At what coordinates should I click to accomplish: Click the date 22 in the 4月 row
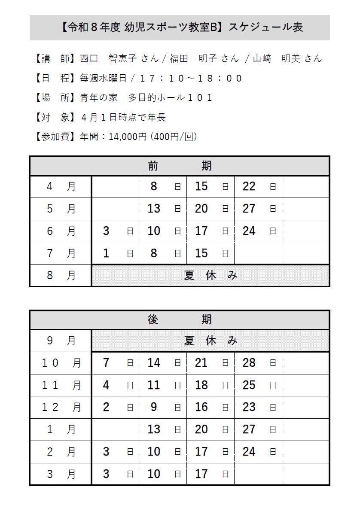pos(249,186)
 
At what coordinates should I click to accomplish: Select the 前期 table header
pos(180,165)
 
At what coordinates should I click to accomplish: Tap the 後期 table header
pos(180,319)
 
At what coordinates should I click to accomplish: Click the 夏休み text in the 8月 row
pos(211,275)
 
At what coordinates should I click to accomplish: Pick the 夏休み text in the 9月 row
pos(211,341)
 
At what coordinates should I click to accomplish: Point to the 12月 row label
pos(61,407)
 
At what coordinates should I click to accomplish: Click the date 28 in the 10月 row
pos(249,363)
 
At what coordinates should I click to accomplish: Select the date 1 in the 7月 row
pos(106,253)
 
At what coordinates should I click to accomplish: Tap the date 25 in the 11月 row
pos(249,385)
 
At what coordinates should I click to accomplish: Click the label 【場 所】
pos(55,97)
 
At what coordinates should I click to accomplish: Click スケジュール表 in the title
pos(265,27)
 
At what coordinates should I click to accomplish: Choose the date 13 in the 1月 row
pos(154,429)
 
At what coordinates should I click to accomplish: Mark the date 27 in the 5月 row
pos(249,209)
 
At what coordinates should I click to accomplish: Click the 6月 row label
pos(61,231)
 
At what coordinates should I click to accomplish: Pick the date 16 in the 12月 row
pos(201,407)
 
